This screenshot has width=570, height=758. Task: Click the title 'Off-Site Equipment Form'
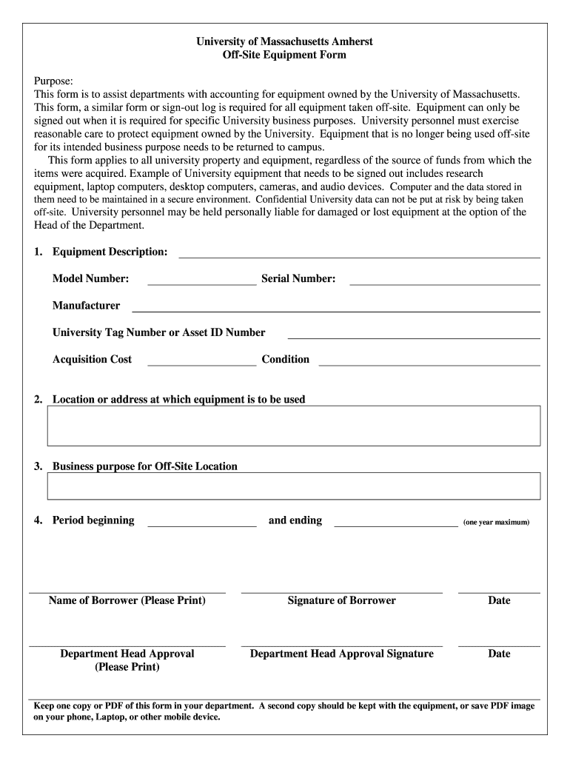click(284, 55)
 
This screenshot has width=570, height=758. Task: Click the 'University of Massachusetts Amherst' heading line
click(284, 41)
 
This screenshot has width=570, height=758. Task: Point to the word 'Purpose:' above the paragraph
click(54, 81)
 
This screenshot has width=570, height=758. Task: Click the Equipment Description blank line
click(359, 256)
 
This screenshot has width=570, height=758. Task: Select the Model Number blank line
click(202, 284)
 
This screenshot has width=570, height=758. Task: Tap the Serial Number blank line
click(444, 284)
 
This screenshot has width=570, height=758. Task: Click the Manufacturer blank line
click(335, 310)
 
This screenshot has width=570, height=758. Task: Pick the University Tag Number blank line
click(413, 337)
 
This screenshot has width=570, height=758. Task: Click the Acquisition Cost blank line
click(202, 364)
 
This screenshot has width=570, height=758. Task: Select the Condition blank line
click(429, 364)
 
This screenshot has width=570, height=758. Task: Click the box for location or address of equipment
click(294, 426)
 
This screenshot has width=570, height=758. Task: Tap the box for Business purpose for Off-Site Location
click(294, 486)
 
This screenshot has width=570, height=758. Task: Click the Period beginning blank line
click(202, 525)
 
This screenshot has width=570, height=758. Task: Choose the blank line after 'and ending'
click(395, 525)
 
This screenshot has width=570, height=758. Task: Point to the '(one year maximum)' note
click(496, 522)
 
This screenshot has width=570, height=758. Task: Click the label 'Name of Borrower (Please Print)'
click(127, 600)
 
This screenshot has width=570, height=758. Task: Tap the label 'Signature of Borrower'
click(341, 600)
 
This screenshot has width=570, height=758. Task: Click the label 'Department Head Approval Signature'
click(341, 654)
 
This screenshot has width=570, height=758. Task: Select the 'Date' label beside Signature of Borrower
click(499, 600)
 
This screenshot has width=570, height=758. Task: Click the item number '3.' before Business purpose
click(38, 466)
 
